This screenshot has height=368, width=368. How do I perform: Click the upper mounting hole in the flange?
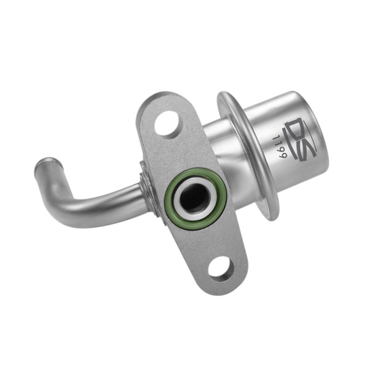click(169, 123)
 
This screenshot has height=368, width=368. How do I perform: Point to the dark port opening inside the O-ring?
click(194, 198)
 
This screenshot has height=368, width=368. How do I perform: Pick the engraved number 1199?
click(281, 147)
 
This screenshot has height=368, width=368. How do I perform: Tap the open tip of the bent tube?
click(47, 164)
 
